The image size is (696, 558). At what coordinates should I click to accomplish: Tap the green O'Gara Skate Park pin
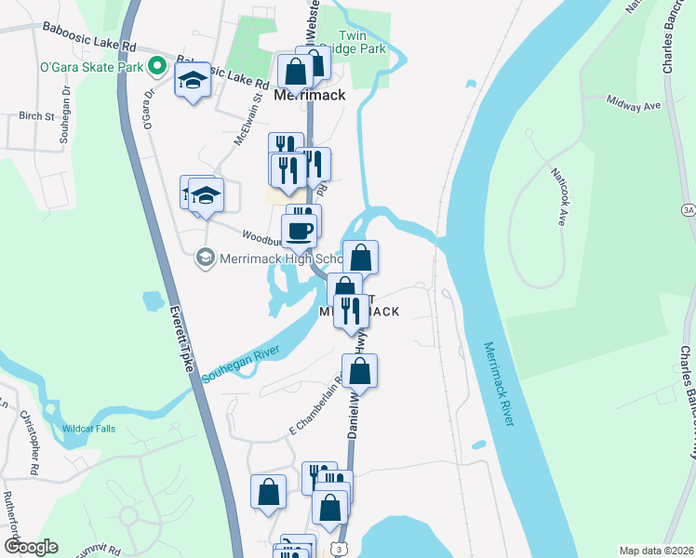coord(157,66)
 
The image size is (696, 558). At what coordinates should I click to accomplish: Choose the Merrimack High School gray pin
coord(205,259)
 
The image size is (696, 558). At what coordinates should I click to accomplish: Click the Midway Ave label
coord(633,102)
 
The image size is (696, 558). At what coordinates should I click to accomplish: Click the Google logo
coord(31,547)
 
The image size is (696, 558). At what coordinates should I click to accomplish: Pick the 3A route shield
coord(688,210)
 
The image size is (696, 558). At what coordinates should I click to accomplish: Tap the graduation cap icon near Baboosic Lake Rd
coord(193,80)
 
